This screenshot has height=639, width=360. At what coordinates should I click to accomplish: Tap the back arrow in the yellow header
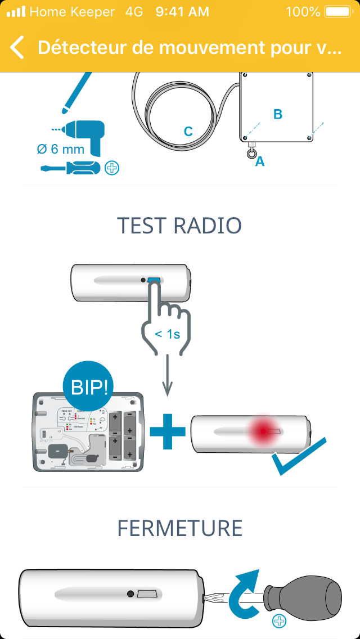coord(17,48)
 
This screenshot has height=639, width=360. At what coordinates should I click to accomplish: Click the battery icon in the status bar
coord(337,12)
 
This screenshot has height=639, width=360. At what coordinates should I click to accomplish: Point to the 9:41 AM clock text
coord(182,12)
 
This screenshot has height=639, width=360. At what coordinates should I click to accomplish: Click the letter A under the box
coord(260,161)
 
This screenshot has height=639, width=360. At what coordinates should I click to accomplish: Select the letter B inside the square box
coord(277,114)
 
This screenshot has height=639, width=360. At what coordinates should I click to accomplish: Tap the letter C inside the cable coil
coord(188,132)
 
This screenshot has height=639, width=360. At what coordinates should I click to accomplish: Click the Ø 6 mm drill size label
coord(60,150)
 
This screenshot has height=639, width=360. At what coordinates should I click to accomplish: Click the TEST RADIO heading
coord(179,226)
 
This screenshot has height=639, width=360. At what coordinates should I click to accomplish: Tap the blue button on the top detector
coord(154,280)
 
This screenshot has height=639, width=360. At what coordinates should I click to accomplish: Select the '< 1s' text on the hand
coord(168,334)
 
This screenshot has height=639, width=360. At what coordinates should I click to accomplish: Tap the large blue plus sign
coord(167,431)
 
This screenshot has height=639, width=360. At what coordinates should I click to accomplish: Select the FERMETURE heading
coord(179,528)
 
